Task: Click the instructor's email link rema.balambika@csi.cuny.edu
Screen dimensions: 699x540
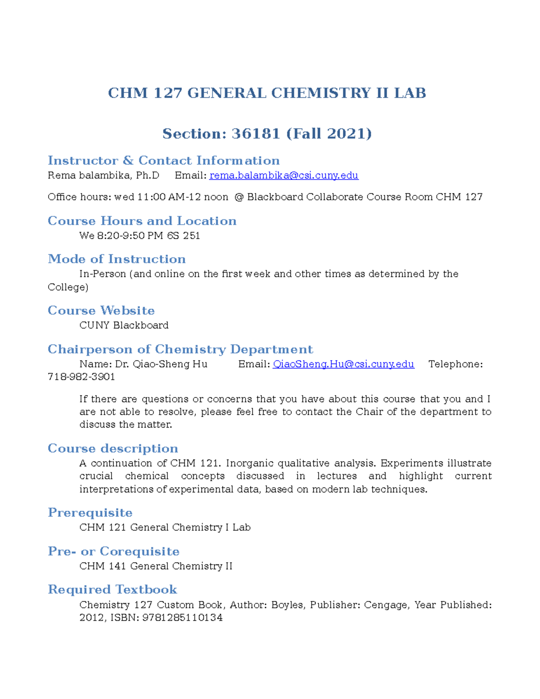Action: point(283,176)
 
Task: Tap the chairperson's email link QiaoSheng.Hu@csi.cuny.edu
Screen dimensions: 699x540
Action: point(343,364)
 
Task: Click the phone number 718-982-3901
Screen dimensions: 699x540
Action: point(81,377)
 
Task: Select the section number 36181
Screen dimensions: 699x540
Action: point(256,134)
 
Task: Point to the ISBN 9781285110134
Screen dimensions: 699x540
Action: point(182,618)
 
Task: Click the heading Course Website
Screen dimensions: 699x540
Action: point(101,311)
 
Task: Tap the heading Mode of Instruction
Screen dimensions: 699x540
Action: point(117,259)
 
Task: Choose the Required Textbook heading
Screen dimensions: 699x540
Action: point(112,590)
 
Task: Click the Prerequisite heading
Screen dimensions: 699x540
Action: point(90,513)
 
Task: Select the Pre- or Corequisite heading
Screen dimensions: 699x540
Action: point(113,551)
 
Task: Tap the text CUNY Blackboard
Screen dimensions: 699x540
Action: point(124,325)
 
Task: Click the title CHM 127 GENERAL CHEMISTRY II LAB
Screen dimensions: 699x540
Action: point(267,93)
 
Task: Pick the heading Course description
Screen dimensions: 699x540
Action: point(113,449)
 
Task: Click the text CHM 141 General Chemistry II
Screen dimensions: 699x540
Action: point(156,566)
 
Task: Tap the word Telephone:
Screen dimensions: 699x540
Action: point(455,364)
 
